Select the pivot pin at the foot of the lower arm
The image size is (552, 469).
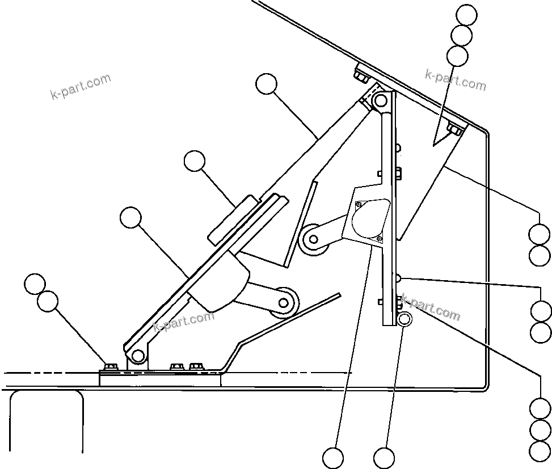(x=137, y=356)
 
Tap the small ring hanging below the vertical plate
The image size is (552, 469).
(x=405, y=319)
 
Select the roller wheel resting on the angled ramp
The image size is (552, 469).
(x=284, y=302)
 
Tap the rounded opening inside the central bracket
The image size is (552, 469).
(x=370, y=218)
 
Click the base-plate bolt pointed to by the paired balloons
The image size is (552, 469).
(x=110, y=367)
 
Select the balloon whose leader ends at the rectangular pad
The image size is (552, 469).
(x=195, y=161)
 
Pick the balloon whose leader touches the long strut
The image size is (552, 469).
(x=266, y=84)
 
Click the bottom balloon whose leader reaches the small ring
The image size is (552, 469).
(x=384, y=457)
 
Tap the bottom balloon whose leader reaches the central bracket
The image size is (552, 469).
(x=333, y=457)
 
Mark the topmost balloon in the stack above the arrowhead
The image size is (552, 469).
(x=467, y=15)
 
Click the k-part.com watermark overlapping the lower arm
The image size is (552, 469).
(x=184, y=321)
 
